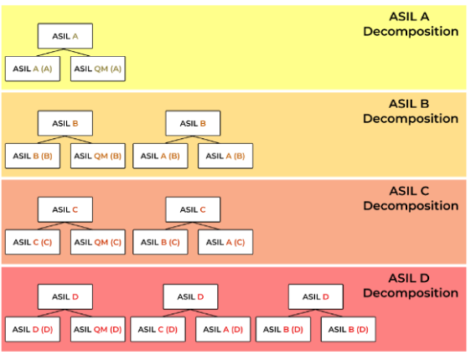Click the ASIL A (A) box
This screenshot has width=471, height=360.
click(33, 69)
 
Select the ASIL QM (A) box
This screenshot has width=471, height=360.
click(98, 69)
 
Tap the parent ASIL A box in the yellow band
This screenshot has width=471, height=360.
click(65, 36)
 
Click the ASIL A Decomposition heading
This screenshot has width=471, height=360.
click(411, 24)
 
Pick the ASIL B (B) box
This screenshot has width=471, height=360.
click(33, 156)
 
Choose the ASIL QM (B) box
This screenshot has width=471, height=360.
click(98, 156)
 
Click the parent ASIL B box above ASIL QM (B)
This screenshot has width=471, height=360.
click(65, 123)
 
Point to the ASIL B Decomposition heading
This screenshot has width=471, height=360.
click(411, 111)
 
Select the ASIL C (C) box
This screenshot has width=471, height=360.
click(33, 242)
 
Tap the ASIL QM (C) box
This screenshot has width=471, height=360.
click(98, 242)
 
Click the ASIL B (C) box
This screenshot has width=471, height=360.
click(160, 242)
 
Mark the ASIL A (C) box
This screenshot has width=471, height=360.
click(225, 242)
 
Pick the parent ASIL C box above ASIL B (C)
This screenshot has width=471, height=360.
click(193, 209)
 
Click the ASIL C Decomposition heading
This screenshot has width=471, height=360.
click(411, 198)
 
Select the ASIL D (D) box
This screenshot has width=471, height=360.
click(33, 329)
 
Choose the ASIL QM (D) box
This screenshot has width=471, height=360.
click(98, 329)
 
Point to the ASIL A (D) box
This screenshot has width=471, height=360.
click(224, 329)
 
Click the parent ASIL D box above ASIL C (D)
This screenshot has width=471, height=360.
click(189, 296)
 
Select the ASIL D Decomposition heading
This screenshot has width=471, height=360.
click(411, 285)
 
